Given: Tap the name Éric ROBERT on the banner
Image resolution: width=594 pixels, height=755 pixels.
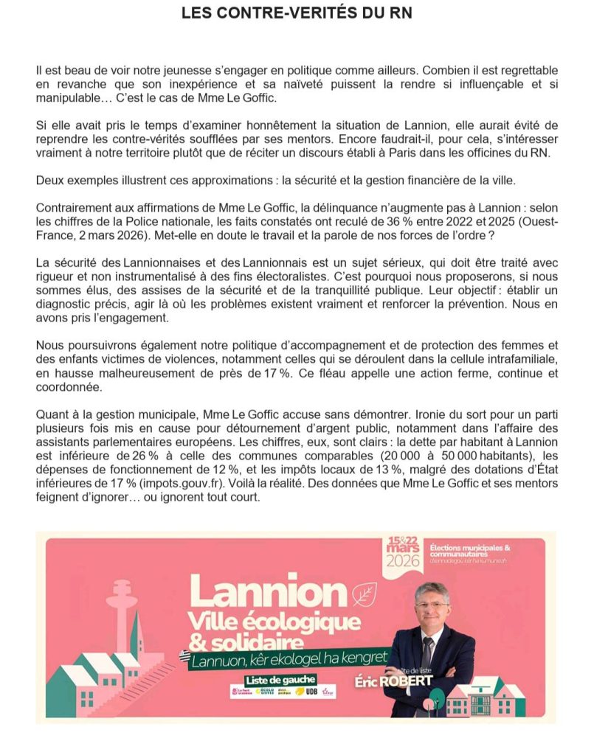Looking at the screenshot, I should [x=404, y=680].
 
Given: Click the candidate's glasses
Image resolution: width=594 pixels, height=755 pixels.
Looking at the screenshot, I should [x=431, y=605].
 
